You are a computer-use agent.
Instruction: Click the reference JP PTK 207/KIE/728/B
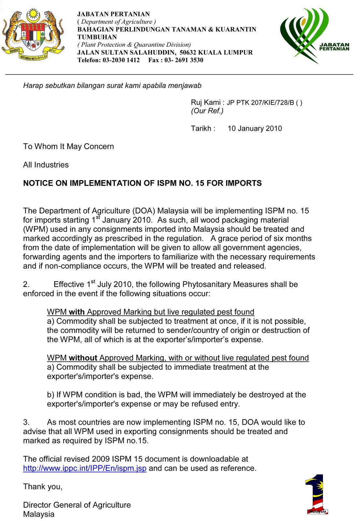coord(260,103)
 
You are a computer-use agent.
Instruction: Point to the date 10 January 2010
coord(255,128)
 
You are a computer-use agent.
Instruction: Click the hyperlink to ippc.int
coord(85,468)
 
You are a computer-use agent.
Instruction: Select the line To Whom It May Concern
coord(68,147)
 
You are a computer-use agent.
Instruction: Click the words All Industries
coord(46,165)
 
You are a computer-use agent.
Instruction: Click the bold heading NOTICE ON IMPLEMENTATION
coord(142,183)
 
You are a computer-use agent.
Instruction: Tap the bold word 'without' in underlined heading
coord(83,358)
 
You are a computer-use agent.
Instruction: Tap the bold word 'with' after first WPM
coord(77,312)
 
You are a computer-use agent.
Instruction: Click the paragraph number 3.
coord(26,422)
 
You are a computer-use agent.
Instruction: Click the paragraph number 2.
coord(26,284)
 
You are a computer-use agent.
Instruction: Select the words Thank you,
coord(43,487)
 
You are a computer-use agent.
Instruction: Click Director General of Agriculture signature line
coord(77,505)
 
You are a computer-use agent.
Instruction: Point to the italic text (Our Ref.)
coord(207,111)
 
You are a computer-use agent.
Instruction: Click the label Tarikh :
coord(203,128)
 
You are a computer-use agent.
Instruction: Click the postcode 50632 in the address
coord(188,52)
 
